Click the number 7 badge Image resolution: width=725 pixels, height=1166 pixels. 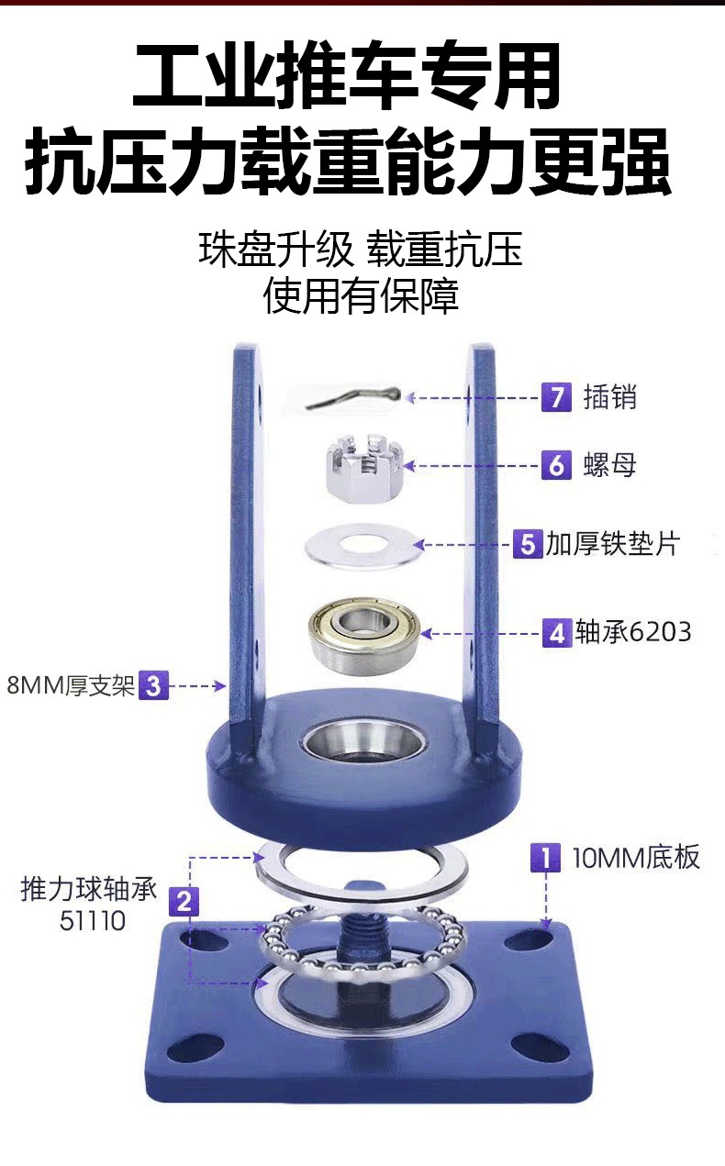(556, 397)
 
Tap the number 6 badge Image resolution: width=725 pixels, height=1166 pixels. (556, 465)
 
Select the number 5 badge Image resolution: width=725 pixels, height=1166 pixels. (528, 544)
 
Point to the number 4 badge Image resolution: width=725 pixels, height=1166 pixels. (557, 633)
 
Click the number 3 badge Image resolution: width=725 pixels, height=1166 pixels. (153, 685)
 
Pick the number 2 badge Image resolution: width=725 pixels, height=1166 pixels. (184, 902)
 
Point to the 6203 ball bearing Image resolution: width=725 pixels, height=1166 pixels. (363, 634)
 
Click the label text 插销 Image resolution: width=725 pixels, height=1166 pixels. (609, 397)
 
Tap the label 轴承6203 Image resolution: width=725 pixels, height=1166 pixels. (633, 633)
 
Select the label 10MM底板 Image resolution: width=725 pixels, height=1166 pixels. (636, 858)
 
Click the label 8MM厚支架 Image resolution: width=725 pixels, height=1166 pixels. (71, 685)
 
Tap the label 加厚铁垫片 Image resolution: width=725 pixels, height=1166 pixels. (611, 544)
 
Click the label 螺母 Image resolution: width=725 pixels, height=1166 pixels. (609, 465)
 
